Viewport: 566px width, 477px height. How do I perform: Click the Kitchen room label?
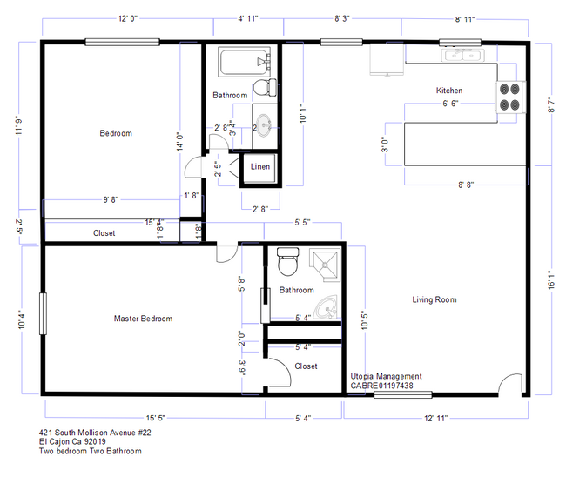pyautogui.click(x=449, y=91)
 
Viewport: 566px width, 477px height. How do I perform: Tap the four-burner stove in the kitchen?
pyautogui.click(x=511, y=97)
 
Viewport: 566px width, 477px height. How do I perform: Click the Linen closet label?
pyautogui.click(x=260, y=166)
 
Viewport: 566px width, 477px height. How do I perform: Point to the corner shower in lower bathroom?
pyautogui.click(x=324, y=264)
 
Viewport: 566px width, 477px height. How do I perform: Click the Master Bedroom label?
pyautogui.click(x=143, y=319)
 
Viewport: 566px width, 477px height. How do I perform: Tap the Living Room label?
pyautogui.click(x=435, y=300)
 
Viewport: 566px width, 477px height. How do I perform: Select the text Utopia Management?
pyautogui.click(x=386, y=376)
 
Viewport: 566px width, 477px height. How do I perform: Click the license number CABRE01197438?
pyautogui.click(x=381, y=386)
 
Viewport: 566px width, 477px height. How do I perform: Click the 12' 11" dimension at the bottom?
pyautogui.click(x=435, y=419)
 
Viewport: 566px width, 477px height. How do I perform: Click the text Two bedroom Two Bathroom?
pyautogui.click(x=90, y=451)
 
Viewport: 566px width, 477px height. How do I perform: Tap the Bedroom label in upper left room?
pyautogui.click(x=115, y=133)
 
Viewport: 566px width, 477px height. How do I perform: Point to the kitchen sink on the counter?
pyautogui.click(x=456, y=56)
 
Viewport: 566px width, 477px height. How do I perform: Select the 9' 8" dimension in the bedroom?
pyautogui.click(x=111, y=199)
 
